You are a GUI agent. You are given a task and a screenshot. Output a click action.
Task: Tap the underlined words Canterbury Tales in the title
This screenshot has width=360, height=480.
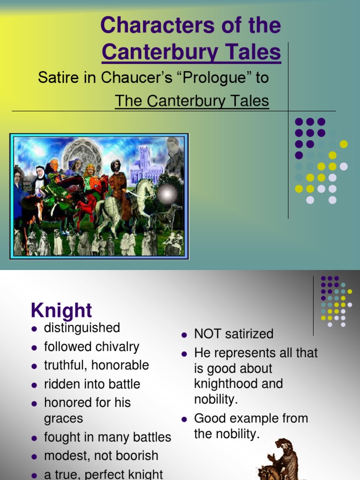pos(191,52)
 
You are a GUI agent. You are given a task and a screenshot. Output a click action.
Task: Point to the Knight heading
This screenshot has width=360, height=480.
pos(61,310)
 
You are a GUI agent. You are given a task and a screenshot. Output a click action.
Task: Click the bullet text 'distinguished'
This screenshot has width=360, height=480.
pos(82,328)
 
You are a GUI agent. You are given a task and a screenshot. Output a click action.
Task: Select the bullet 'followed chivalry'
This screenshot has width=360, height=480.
pos(91,347)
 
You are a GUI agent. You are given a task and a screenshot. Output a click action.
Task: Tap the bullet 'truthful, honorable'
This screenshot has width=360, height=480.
pos(96,365)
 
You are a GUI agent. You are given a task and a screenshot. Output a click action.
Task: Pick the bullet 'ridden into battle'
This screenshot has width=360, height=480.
pos(92,384)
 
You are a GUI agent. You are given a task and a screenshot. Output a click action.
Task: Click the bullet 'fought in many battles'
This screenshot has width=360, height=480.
pos(107,437)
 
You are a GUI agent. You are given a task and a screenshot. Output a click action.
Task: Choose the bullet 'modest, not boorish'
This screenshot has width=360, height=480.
pos(101,456)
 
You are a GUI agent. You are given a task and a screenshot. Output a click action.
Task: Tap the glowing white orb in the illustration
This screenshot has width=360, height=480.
pos(167,194)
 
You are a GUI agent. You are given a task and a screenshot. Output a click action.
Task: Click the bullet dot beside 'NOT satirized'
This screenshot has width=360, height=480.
pos(184,335)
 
